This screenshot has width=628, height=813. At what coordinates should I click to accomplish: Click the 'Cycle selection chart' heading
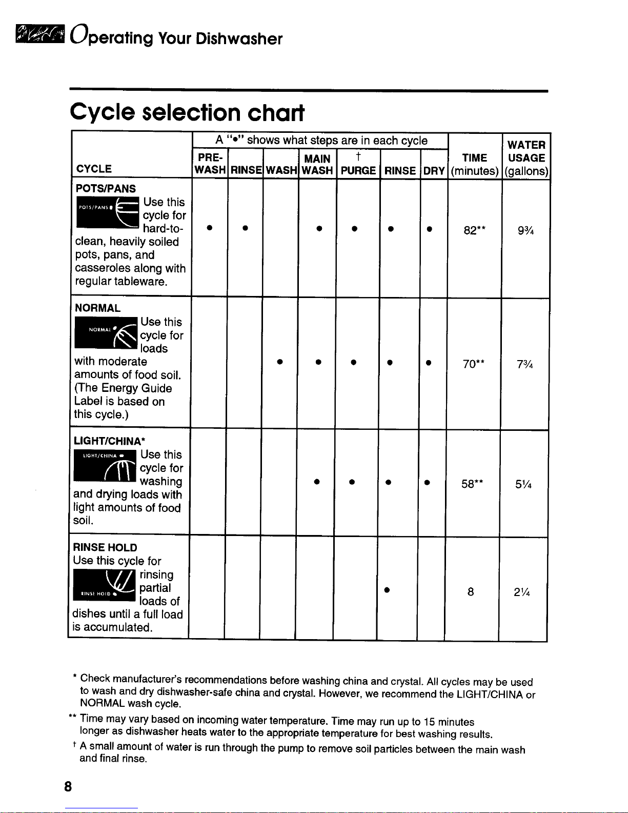point(187,112)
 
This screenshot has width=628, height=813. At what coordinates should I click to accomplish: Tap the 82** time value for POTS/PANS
point(474,230)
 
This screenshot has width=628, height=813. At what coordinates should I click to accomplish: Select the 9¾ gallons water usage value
point(526,230)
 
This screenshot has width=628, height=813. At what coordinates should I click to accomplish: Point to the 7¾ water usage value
point(526,364)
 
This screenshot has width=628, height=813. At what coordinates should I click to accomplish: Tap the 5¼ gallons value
point(524,483)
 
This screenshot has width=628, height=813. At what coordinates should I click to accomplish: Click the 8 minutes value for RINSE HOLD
point(470,592)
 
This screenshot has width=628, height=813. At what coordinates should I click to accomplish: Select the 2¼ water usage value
point(522,592)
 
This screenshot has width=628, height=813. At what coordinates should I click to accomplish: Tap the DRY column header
point(434,171)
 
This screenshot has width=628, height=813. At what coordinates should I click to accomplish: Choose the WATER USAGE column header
point(526,157)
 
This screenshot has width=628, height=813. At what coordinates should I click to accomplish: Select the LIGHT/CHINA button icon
point(105,466)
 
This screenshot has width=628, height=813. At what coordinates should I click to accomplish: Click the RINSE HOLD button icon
point(105,585)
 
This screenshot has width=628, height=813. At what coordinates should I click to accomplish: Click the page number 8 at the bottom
point(68,786)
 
